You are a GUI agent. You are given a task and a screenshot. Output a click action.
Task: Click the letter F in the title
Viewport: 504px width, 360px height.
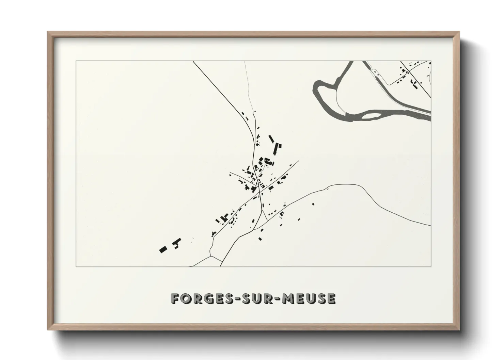click(175, 299)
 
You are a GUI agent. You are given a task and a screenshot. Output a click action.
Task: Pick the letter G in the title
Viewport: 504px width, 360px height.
click(205, 299)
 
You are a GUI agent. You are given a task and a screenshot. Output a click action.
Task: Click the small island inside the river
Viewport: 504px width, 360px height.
click(369, 116)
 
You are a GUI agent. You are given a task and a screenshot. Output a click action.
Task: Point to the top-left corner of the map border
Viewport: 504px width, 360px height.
click(76, 61)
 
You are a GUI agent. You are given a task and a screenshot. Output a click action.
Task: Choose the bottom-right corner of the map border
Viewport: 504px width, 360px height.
click(431, 267)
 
